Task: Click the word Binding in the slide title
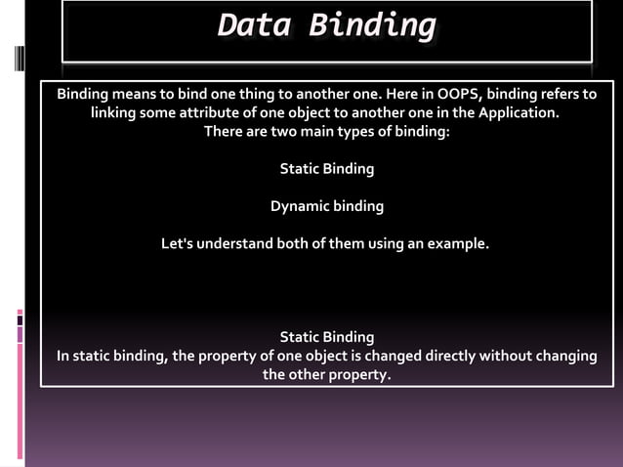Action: [x=371, y=26]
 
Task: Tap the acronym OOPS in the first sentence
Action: [x=455, y=95]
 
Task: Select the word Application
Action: [x=519, y=113]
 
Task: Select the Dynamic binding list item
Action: [x=326, y=206]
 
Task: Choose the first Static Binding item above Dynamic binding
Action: [x=326, y=169]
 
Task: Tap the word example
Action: [x=458, y=243]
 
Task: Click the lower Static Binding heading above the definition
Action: [x=326, y=337]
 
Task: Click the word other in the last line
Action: [x=309, y=374]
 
